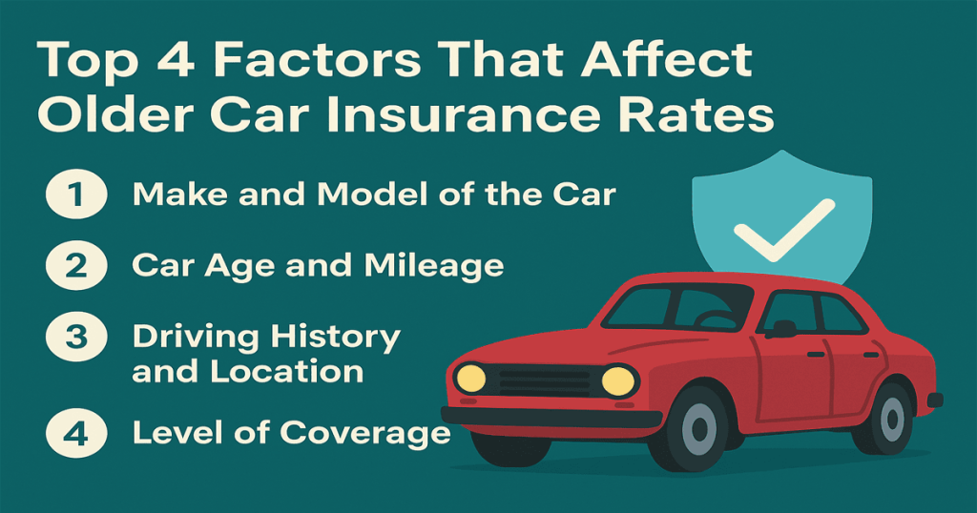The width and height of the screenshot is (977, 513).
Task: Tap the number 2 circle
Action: (72, 265)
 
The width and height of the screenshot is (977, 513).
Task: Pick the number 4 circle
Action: (72, 432)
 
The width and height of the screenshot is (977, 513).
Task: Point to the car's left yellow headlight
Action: (470, 378)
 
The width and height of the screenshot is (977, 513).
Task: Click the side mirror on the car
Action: (784, 329)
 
